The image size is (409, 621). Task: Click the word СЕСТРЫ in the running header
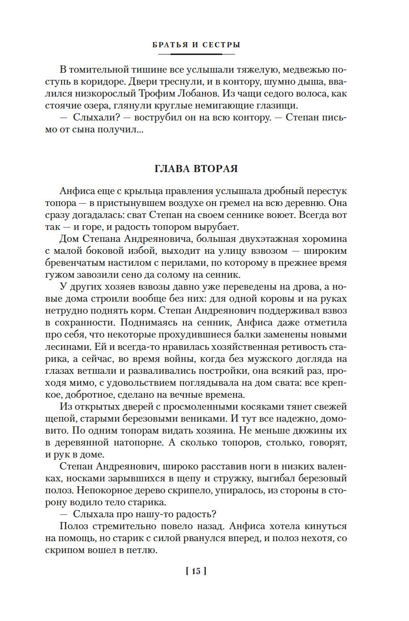(x=221, y=45)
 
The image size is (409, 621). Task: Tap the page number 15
(x=196, y=571)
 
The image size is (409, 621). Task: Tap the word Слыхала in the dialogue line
(x=93, y=514)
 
